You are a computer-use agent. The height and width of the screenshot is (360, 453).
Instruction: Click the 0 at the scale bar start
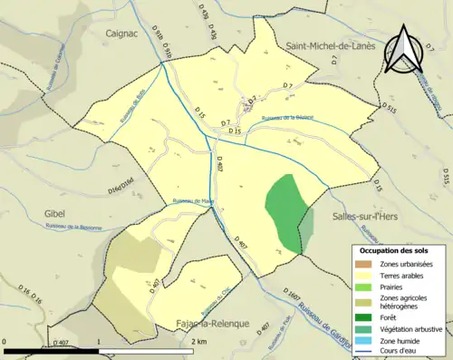(x=6, y=342)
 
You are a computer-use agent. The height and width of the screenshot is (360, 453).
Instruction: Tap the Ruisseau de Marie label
(x=191, y=201)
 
